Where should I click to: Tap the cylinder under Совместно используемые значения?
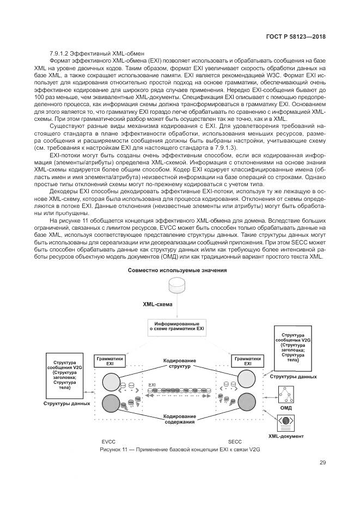[x=177, y=285]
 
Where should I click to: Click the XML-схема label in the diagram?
[x=157, y=305]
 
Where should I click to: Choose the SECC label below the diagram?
[x=235, y=441]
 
